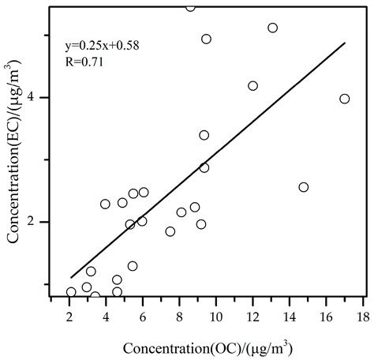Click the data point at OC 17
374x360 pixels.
coord(344,99)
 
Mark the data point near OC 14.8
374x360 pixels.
coord(304,187)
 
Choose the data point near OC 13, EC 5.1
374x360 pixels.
coord(272,28)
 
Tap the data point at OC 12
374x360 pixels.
coord(252,86)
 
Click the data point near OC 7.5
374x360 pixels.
coord(170,231)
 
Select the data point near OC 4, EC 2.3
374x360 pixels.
coord(105,204)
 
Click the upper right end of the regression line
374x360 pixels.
coord(346,43)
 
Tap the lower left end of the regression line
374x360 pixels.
coord(71,277)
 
